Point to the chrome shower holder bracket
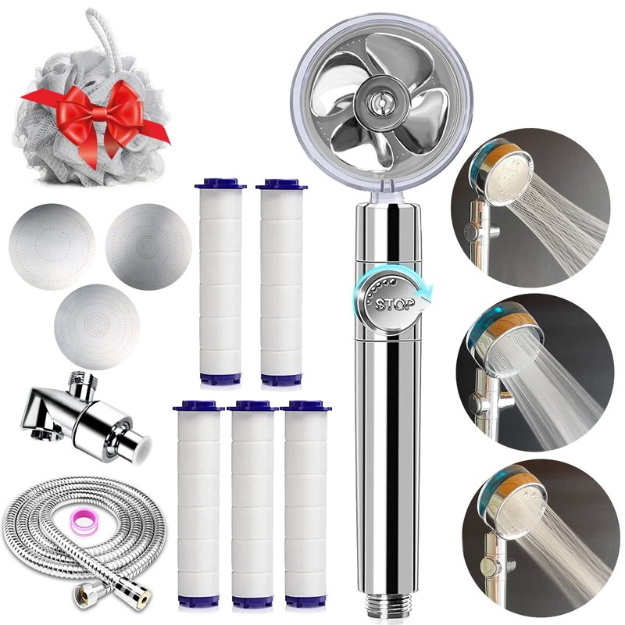[x=87, y=416]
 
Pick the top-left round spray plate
[x=52, y=247]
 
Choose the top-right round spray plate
[x=148, y=247]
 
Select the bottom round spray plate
[x=97, y=327]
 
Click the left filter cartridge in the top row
[x=220, y=282]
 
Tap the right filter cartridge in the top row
[x=281, y=282]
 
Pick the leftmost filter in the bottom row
[x=198, y=504]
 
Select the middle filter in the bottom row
[x=252, y=504]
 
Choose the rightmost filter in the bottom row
[x=305, y=504]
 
